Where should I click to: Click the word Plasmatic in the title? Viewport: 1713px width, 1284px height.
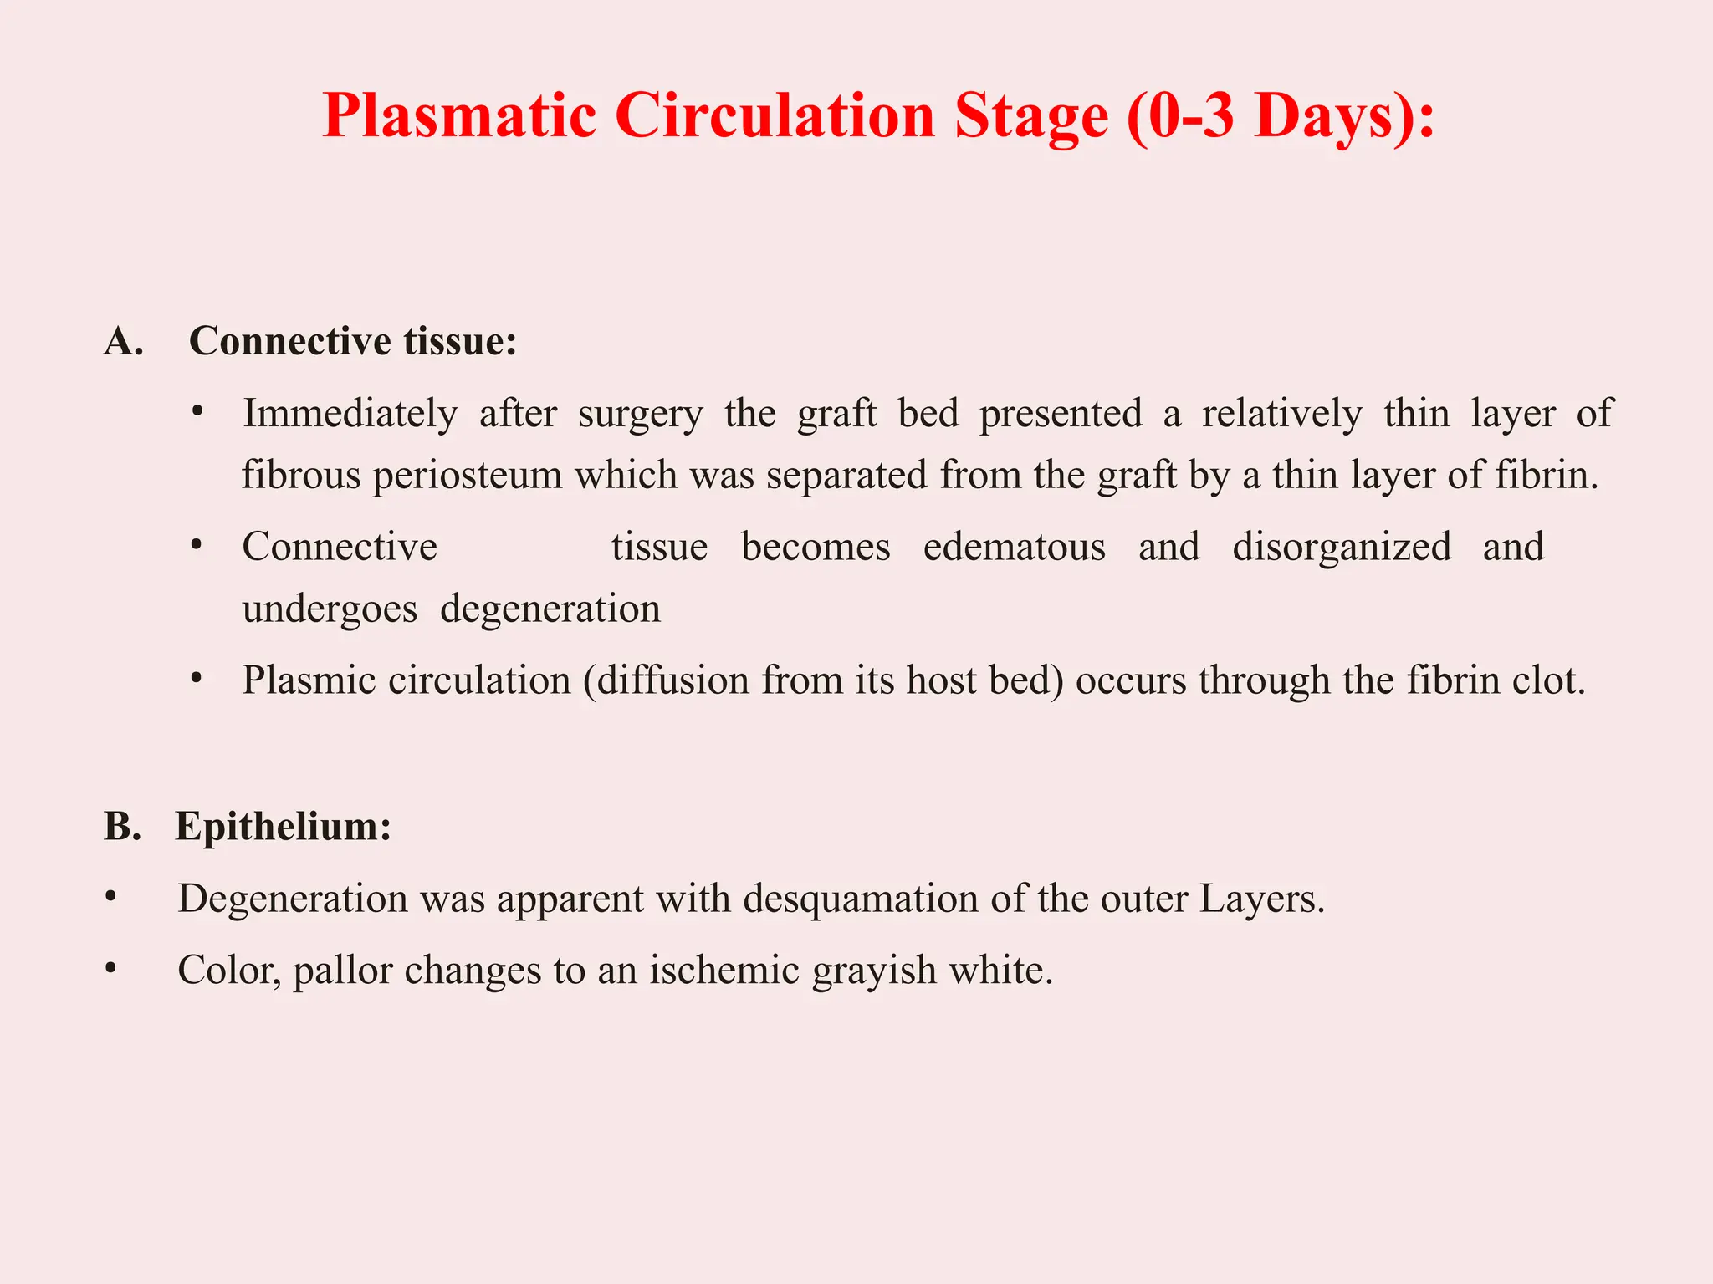click(459, 115)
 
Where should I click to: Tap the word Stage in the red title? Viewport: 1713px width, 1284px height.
click(1031, 115)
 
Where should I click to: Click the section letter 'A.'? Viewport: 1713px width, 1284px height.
click(124, 341)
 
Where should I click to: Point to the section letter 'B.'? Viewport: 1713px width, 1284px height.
click(122, 826)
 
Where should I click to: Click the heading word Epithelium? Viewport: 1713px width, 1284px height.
click(283, 826)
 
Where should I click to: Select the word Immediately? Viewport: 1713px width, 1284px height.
click(350, 413)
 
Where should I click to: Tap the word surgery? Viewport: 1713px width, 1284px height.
click(641, 413)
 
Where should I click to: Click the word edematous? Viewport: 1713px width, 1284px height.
click(1014, 547)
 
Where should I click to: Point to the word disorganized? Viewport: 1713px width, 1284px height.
click(1342, 547)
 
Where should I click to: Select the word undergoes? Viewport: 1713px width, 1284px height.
click(330, 609)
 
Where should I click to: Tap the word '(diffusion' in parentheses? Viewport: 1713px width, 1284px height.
click(667, 680)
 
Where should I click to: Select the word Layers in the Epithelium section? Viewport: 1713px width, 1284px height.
click(1262, 899)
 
